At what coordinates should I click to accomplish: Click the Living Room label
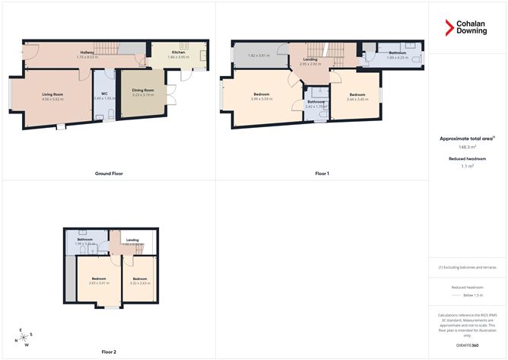[x=53, y=94]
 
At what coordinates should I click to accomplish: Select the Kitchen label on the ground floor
[x=179, y=53]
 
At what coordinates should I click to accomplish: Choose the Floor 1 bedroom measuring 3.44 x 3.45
[x=357, y=97]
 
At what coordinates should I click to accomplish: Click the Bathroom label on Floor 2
[x=84, y=239]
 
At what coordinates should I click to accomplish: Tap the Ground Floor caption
[x=110, y=174]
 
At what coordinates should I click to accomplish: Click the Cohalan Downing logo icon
[x=449, y=28]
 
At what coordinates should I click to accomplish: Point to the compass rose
[x=24, y=337]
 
